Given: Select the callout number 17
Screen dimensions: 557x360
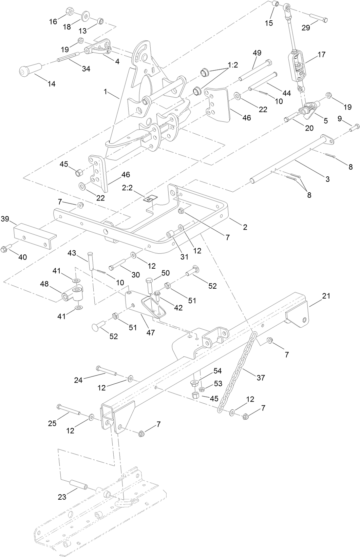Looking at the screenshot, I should pos(321,54).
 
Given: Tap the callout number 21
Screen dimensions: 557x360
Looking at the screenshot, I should pos(326,296).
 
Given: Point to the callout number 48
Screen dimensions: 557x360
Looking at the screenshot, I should pos(44,283).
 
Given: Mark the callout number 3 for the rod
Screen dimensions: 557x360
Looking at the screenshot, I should pos(327,179).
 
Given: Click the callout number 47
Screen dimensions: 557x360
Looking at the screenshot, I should pos(150,332).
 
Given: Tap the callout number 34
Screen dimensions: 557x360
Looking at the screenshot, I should pos(86,69).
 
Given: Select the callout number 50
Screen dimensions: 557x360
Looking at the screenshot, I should pos(165,273).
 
